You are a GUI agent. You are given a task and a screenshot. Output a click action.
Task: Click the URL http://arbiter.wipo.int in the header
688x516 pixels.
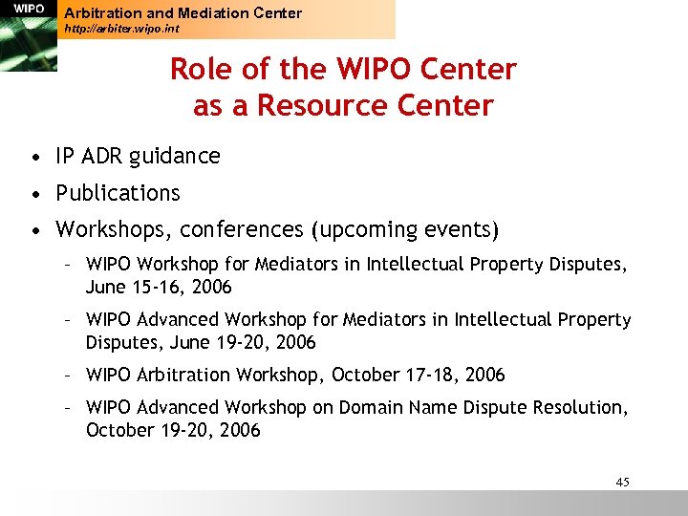[121, 30]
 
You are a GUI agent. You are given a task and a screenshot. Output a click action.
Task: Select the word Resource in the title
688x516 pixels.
[311, 105]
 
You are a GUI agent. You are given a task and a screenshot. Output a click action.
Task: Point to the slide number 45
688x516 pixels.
[622, 482]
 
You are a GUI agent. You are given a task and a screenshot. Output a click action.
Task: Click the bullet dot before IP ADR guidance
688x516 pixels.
[34, 157]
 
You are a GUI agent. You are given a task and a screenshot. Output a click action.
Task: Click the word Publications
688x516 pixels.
[118, 193]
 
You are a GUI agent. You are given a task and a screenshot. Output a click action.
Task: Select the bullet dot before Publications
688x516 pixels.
[34, 194]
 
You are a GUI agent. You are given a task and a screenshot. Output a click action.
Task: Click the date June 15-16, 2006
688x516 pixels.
[159, 287]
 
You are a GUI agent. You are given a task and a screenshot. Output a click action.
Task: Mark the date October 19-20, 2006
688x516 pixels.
[173, 430]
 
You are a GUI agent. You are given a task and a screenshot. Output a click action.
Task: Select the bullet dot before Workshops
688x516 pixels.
[34, 231]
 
